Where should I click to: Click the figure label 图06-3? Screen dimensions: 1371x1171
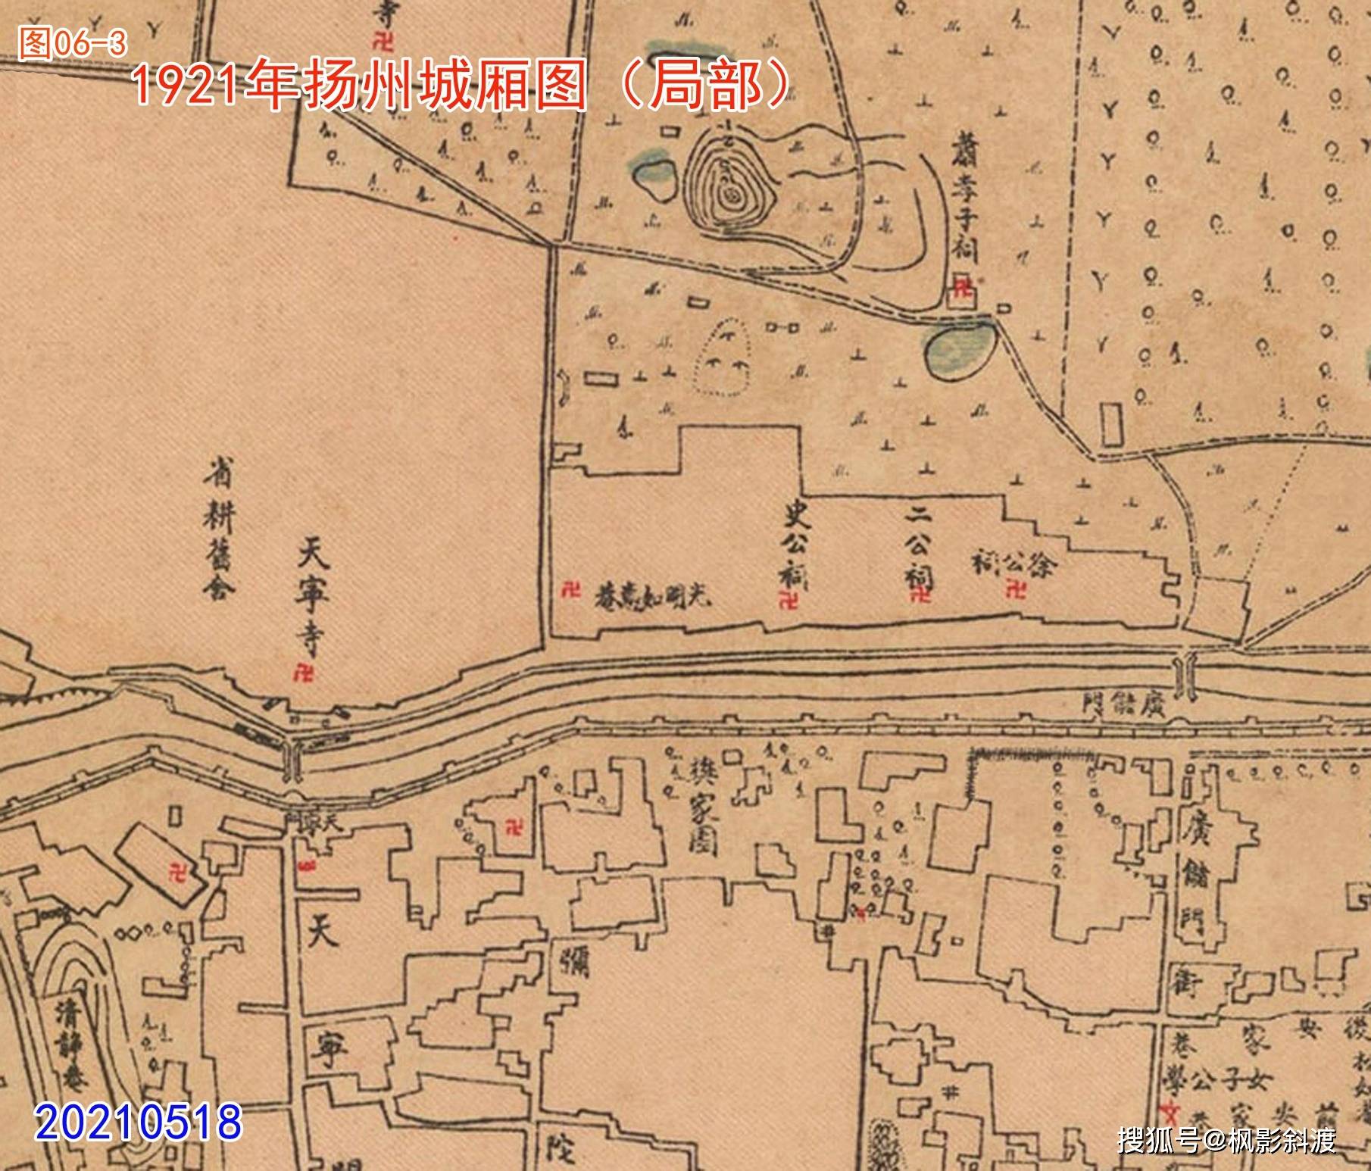pos(73,44)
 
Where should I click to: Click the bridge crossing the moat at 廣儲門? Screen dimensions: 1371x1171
pos(1184,675)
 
